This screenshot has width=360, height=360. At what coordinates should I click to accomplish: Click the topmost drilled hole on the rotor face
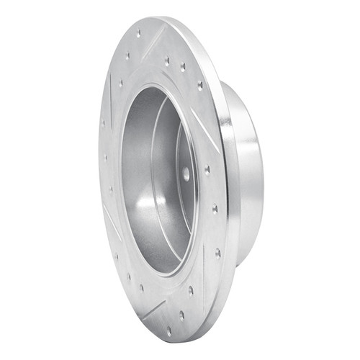point(139,34)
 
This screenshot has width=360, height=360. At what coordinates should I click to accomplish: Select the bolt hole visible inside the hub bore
point(186,174)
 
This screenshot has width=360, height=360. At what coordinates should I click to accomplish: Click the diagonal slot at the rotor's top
point(153,45)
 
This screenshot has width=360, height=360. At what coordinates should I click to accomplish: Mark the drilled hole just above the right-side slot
point(199,86)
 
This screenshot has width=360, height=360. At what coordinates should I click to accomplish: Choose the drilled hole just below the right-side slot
point(208,171)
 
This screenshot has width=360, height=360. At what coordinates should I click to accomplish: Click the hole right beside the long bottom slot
point(190,291)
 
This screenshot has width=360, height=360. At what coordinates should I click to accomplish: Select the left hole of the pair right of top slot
point(167,61)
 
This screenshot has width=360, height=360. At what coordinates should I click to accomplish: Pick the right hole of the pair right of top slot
point(182,67)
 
